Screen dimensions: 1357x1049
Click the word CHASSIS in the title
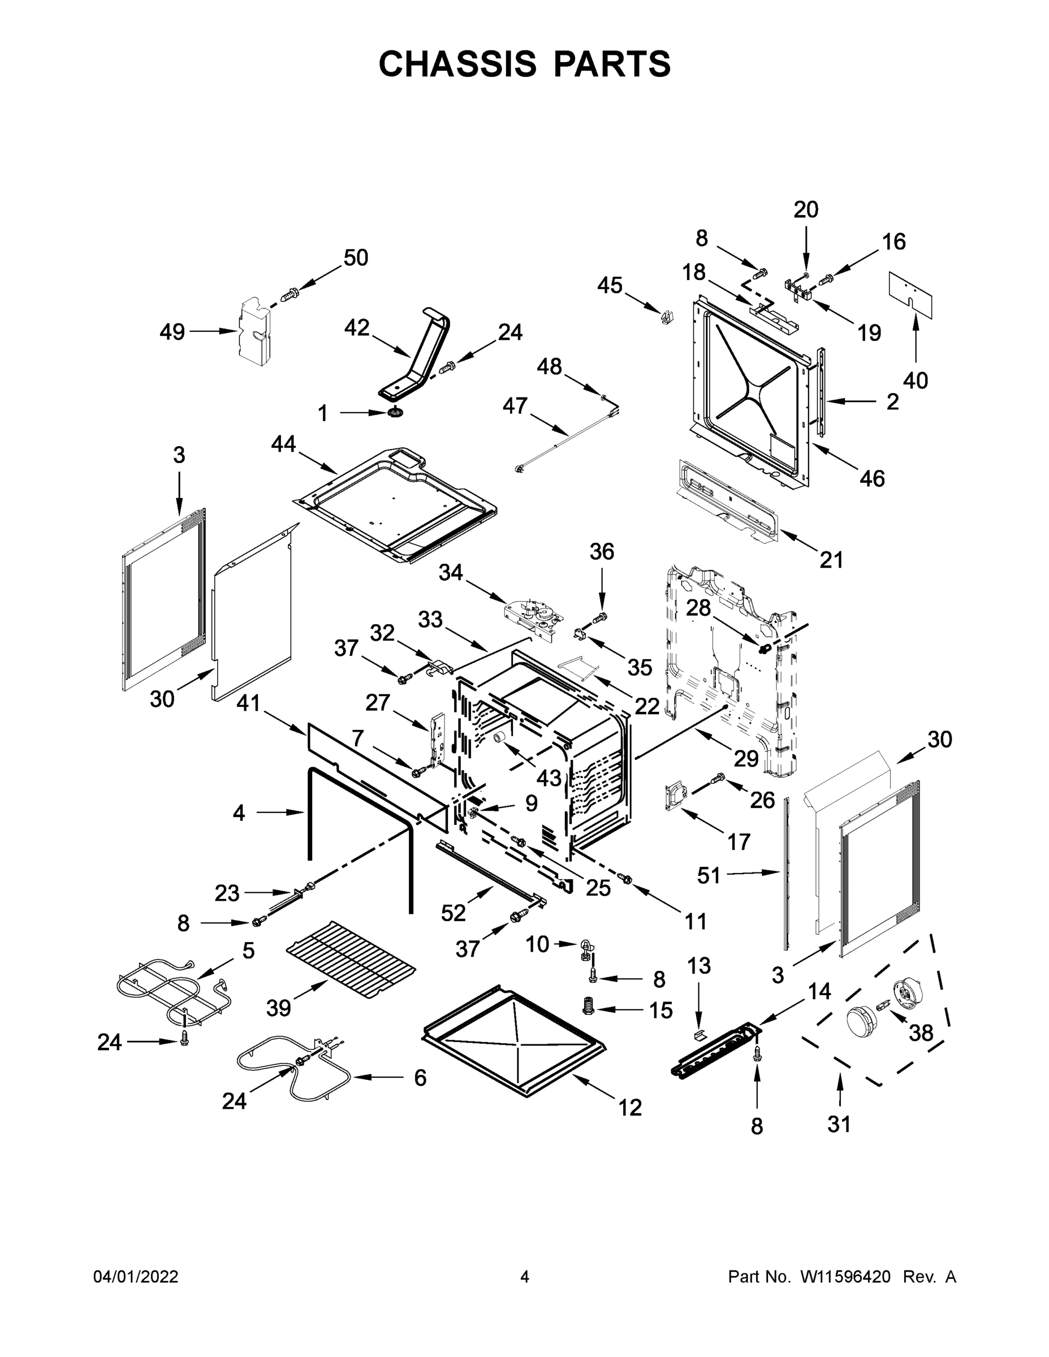coord(457,63)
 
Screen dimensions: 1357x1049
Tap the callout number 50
coord(356,257)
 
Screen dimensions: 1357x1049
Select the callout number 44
coord(283,444)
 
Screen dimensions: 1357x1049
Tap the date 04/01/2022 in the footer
coord(136,1276)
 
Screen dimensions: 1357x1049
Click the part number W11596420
coord(845,1276)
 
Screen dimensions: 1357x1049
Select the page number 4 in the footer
coord(525,1276)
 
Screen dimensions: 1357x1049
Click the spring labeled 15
coord(588,1006)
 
